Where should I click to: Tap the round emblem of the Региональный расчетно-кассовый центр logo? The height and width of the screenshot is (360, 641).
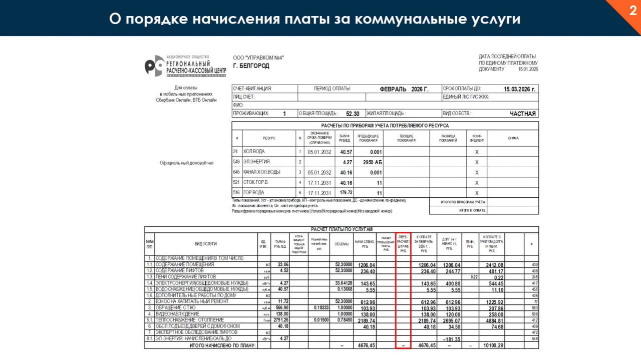pyautogui.click(x=154, y=66)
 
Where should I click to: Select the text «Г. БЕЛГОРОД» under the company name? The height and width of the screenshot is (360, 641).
pyautogui.click(x=251, y=66)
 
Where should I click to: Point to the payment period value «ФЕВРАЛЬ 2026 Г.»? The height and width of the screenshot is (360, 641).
pyautogui.click(x=404, y=89)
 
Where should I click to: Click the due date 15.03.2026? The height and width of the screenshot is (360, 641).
pyautogui.click(x=519, y=89)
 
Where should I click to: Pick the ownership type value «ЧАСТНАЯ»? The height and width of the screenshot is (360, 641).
pyautogui.click(x=522, y=114)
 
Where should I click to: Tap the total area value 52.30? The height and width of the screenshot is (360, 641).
pyautogui.click(x=353, y=114)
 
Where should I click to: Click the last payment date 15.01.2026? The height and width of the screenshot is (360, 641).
pyautogui.click(x=528, y=69)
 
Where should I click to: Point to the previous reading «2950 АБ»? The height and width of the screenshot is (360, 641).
pyautogui.click(x=372, y=162)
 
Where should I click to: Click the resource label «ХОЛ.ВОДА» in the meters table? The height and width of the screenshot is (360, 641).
pyautogui.click(x=254, y=152)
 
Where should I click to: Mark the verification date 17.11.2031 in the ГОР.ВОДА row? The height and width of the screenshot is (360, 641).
pyautogui.click(x=319, y=193)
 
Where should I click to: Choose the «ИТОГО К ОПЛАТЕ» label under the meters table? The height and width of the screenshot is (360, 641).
pyautogui.click(x=472, y=210)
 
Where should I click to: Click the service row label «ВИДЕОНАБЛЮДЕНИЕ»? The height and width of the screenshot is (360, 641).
pyautogui.click(x=177, y=314)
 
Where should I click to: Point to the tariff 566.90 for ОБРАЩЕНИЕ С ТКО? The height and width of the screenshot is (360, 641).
pyautogui.click(x=280, y=307)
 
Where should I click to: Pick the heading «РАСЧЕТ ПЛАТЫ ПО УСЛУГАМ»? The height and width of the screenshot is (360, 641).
pyautogui.click(x=342, y=229)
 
